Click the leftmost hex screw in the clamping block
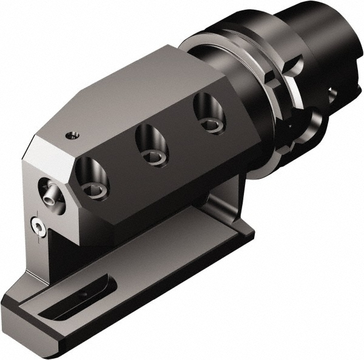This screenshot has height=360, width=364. pos(95,190)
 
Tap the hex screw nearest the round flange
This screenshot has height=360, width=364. pos(211,125)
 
